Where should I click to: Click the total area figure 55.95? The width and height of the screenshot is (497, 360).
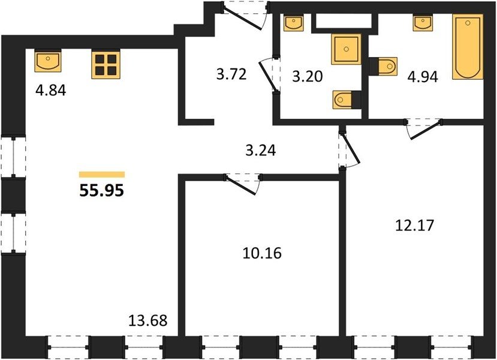(101, 191)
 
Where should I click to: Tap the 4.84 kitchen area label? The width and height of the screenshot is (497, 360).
(51, 91)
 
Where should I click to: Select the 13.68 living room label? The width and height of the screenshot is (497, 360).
(147, 320)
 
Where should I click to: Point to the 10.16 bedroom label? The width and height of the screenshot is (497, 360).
(262, 253)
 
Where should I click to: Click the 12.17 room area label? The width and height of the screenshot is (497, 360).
(415, 226)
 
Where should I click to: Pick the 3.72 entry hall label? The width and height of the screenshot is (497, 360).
(231, 74)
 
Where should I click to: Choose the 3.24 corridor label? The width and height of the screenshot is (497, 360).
(261, 151)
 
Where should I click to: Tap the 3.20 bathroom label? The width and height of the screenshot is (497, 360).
(307, 76)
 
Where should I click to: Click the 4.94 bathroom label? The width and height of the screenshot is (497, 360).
(423, 77)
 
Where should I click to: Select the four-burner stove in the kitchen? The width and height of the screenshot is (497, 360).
(106, 64)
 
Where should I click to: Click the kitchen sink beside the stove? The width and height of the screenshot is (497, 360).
(48, 61)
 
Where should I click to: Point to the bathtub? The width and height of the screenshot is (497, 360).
(468, 47)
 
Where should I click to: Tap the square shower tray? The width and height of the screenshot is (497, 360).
(347, 49)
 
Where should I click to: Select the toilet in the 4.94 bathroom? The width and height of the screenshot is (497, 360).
(383, 66)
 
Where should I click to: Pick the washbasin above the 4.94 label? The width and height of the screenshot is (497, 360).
(423, 23)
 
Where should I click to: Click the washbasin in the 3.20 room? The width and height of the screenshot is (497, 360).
(294, 23)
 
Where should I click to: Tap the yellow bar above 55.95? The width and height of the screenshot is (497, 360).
(102, 175)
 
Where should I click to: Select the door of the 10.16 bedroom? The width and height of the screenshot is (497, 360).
(242, 184)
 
